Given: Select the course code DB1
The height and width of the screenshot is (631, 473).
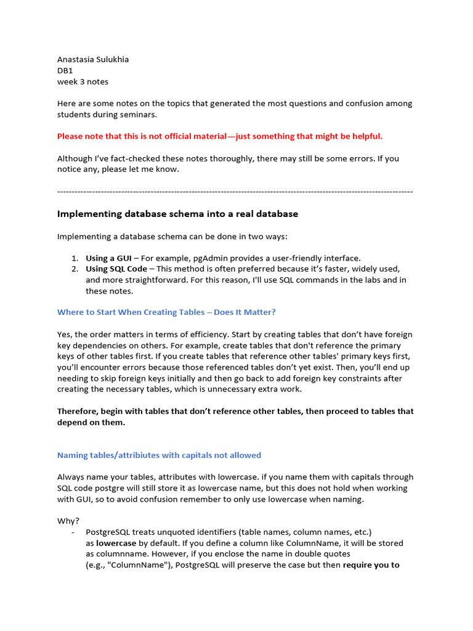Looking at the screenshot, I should pos(65,71).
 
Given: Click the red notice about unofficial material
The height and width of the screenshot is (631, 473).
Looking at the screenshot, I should pos(220,136).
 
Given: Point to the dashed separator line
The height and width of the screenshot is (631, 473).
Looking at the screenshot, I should pos(235,192).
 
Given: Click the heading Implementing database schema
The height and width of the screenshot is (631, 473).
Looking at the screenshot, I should pos(177,214).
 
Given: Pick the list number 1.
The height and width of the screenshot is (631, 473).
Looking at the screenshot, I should pos(74,258).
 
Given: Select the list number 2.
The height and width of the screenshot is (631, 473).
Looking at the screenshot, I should pos(74,269).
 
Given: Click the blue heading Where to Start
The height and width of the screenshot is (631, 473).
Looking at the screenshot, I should pos(166,312).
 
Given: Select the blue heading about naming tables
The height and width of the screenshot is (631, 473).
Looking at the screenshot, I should pos(159,455).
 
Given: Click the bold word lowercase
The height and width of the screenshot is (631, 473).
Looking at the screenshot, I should pos(116,543).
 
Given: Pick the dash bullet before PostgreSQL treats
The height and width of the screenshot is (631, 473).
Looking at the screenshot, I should pos(73,532).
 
